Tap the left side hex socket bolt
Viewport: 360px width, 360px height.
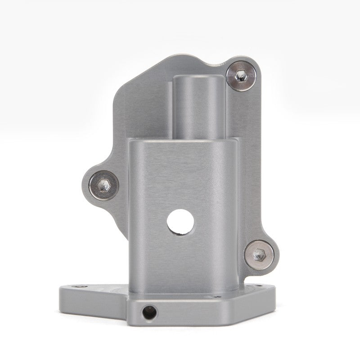[x=104, y=184]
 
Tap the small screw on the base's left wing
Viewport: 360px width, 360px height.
[x=80, y=286]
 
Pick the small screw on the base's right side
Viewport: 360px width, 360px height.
[x=220, y=297]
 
